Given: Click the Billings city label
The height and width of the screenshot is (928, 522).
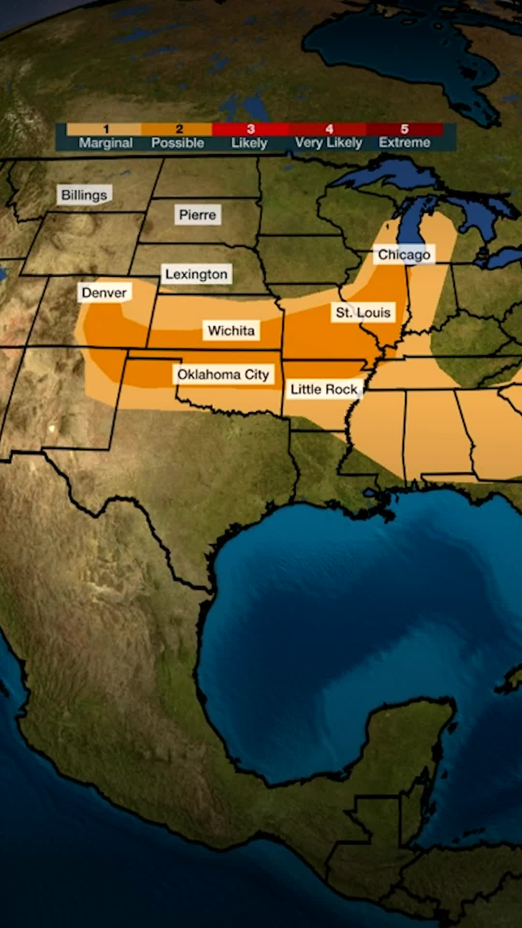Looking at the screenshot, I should (84, 195).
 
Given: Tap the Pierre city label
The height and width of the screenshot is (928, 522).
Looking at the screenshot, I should (197, 215).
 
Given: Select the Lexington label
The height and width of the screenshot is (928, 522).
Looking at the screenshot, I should (196, 274).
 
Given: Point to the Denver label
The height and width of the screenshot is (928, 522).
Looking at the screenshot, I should (104, 292).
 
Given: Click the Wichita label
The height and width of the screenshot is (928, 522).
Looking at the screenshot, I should (231, 331).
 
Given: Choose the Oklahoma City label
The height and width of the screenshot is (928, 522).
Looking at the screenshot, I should (223, 375).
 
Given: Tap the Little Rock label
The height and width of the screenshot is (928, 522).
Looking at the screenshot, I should (323, 389).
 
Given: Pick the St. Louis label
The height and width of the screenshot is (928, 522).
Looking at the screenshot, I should (363, 313).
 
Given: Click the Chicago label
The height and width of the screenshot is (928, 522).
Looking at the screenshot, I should (404, 254).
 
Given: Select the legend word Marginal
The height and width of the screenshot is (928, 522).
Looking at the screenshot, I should (105, 143).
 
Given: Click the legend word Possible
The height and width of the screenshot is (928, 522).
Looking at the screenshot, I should (177, 143).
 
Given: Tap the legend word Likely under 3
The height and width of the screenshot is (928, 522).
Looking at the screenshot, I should (249, 143).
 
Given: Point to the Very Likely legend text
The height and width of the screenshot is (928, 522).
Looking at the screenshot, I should (328, 143).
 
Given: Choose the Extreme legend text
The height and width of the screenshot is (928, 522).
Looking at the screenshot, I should (404, 143).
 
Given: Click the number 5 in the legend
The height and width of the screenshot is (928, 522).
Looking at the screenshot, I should (404, 129).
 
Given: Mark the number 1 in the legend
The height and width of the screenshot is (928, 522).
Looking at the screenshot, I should (106, 129).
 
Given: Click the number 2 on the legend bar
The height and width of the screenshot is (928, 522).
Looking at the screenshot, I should (179, 129).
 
